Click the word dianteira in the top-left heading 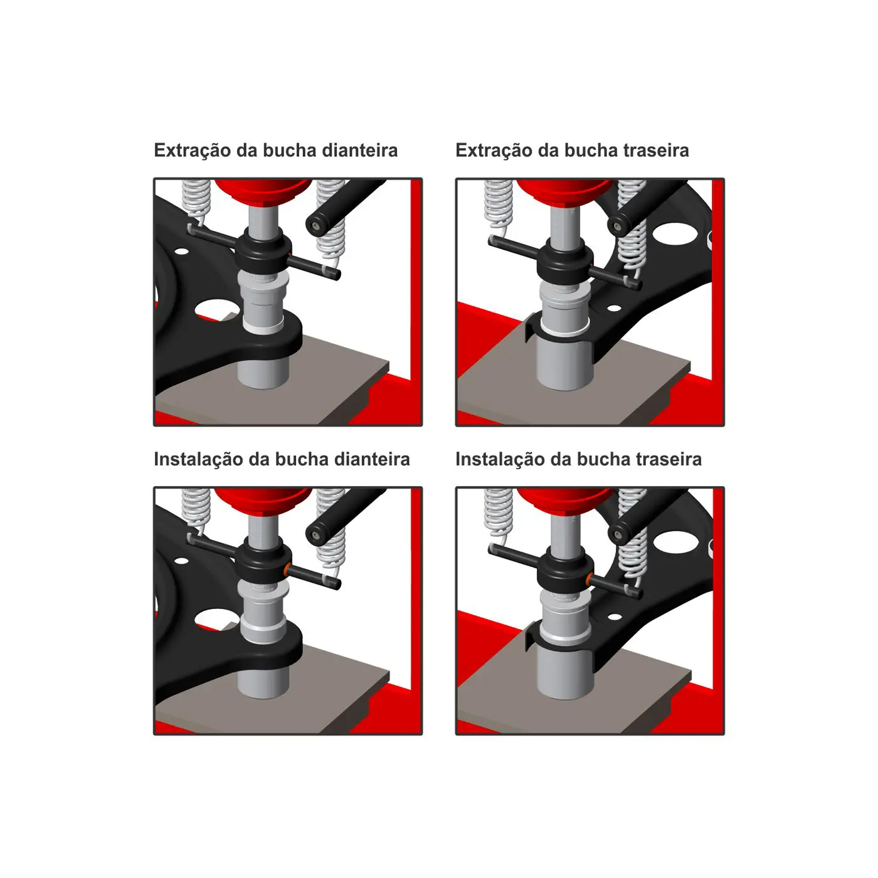tap(359, 151)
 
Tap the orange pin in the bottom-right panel tap(589, 579)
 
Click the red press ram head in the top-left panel tap(263, 191)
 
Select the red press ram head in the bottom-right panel tap(565, 499)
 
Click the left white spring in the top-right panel tap(498, 205)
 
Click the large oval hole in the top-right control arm tap(675, 232)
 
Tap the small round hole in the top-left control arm tap(181, 251)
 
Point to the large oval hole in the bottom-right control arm tap(675, 541)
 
